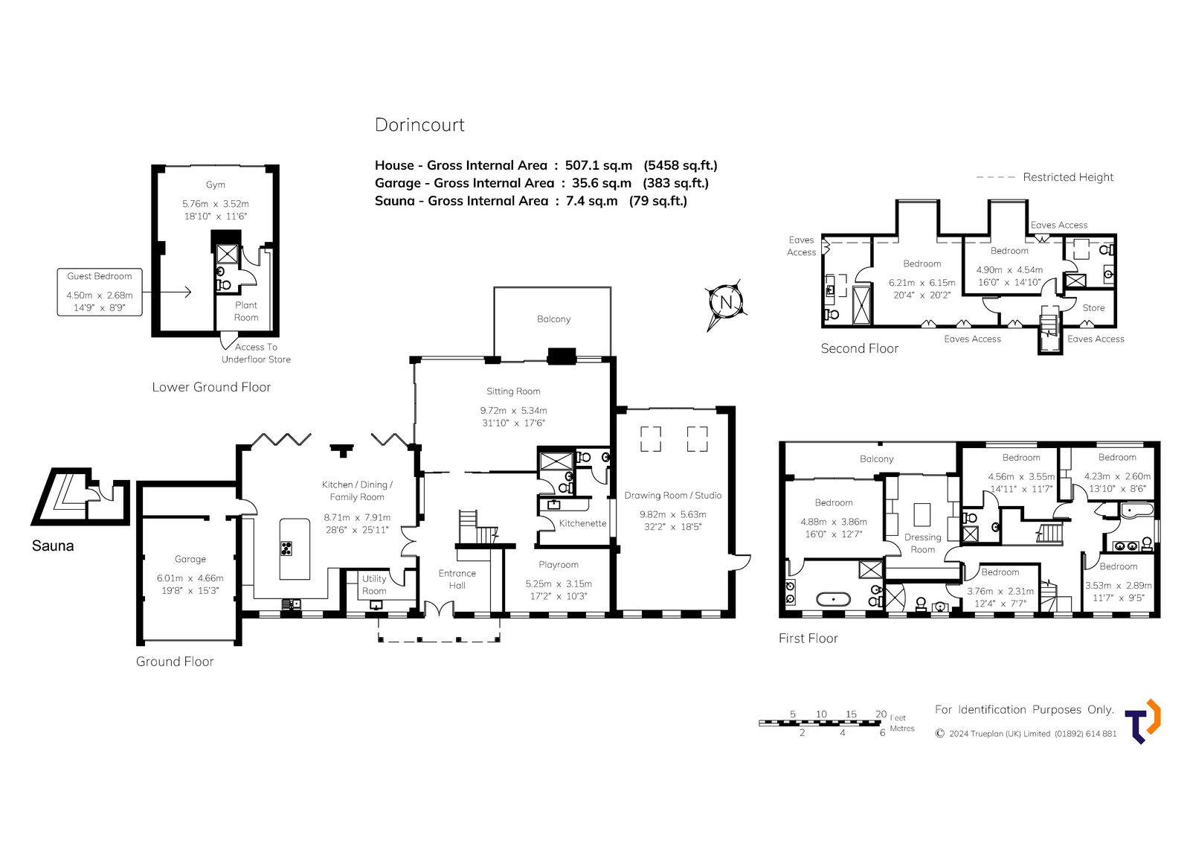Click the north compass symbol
coord(726,304)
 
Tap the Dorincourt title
coord(419,125)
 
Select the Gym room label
coord(215,185)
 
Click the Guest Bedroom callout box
coord(100,292)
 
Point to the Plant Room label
coord(246,311)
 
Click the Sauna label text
coord(53,546)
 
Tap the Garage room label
coord(190,559)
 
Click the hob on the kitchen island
coord(286,548)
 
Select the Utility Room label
coord(374,584)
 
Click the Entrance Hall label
coord(457,579)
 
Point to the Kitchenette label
coord(582,523)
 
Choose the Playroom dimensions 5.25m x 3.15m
coord(559,583)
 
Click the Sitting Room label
coord(513,391)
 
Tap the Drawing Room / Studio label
coord(672,495)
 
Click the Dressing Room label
coord(922,543)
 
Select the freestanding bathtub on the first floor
coord(834,599)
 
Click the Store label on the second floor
coord(1093,308)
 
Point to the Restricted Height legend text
coord(1068,177)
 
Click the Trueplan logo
coord(1142,721)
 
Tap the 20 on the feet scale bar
coord(881,714)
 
